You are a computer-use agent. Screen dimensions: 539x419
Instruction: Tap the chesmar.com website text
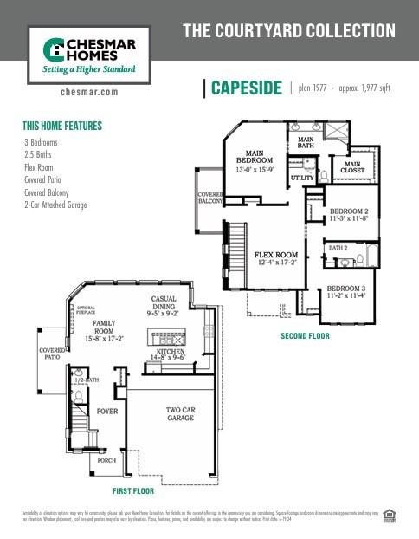[x=90, y=90]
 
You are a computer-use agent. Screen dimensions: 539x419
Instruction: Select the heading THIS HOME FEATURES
[x=61, y=126]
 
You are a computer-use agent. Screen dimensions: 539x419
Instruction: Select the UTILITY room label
[x=302, y=178]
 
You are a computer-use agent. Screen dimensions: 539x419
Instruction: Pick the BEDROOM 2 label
[x=349, y=211]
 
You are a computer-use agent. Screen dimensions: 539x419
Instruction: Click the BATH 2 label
[x=338, y=248]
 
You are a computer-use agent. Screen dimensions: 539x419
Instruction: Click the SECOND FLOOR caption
[x=305, y=334]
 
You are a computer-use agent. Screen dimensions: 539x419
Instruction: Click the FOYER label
[x=106, y=411]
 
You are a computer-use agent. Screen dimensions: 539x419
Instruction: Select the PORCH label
[x=106, y=460]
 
